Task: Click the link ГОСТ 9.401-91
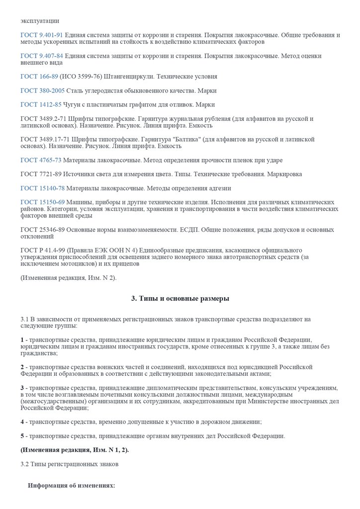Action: click(41, 35)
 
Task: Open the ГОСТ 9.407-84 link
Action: click(41, 56)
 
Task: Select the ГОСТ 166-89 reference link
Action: click(39, 77)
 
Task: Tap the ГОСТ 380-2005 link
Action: click(42, 91)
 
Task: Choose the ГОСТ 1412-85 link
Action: click(41, 105)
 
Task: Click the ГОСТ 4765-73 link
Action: click(41, 161)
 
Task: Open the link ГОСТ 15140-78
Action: click(42, 188)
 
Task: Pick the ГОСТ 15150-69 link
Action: click(42, 202)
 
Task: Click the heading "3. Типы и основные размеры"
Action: click(180, 299)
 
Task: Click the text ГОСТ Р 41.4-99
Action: click(44, 250)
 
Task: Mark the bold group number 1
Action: click(22, 339)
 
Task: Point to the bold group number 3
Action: click(22, 387)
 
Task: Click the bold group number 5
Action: click(22, 436)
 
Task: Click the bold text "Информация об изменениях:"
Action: click(72, 486)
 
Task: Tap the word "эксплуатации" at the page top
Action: click(40, 21)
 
